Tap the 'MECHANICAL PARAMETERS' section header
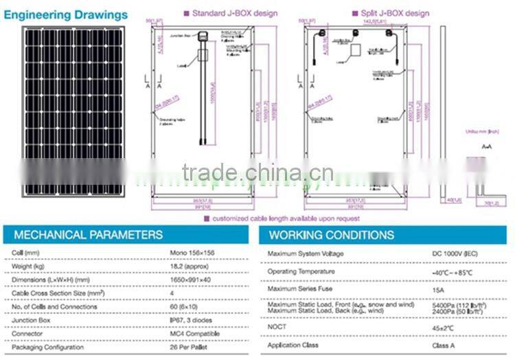pyautogui.click(x=89, y=235)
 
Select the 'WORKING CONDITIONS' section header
pyautogui.click(x=332, y=235)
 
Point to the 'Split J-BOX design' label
pyautogui.click(x=391, y=12)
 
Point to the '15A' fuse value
pyautogui.click(x=439, y=289)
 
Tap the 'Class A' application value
pyautogui.click(x=444, y=345)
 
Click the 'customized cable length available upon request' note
pyautogui.click(x=284, y=218)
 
